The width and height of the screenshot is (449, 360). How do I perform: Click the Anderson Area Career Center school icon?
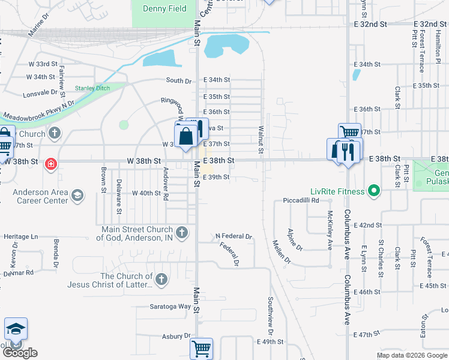coord(77,195)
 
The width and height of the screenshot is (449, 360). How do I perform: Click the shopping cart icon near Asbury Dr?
coord(201,348)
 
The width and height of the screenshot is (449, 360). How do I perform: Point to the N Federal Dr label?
coord(234,236)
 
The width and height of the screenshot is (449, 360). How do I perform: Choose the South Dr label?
coord(178,80)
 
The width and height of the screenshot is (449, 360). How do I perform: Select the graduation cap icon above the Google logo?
coord(16,328)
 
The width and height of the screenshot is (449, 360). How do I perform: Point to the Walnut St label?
coord(261,139)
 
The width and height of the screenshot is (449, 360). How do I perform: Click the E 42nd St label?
coord(368,225)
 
